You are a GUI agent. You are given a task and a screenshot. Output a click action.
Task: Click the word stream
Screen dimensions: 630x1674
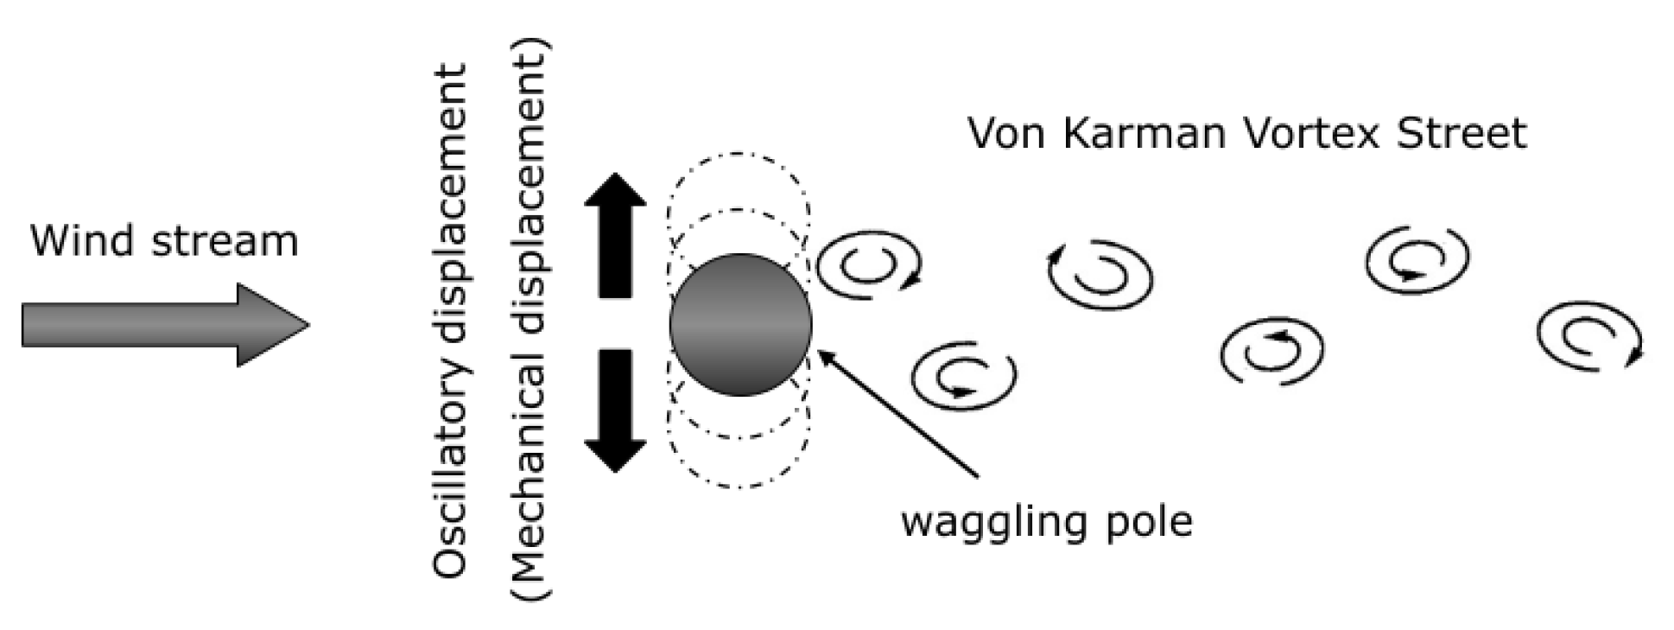click(225, 241)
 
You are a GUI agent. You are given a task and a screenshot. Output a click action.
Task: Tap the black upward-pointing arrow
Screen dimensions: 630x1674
click(615, 233)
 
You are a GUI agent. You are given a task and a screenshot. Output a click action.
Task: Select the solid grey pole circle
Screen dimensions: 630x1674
click(740, 325)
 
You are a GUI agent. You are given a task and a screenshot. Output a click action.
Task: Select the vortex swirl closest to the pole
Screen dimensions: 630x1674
click(868, 265)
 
